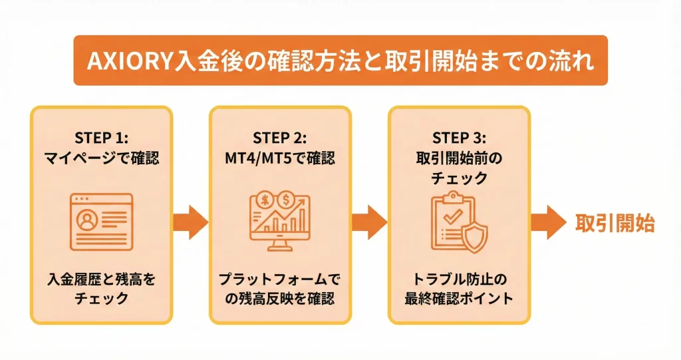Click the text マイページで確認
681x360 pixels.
(101, 160)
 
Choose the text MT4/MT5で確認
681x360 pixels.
(280, 160)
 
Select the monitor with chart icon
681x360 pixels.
(280, 222)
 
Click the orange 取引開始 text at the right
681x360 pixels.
(615, 223)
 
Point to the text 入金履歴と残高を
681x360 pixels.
(101, 278)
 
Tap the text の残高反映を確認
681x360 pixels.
(280, 298)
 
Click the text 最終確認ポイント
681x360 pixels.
(459, 298)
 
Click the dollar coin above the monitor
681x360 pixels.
(288, 199)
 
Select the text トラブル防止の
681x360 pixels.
(459, 278)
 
